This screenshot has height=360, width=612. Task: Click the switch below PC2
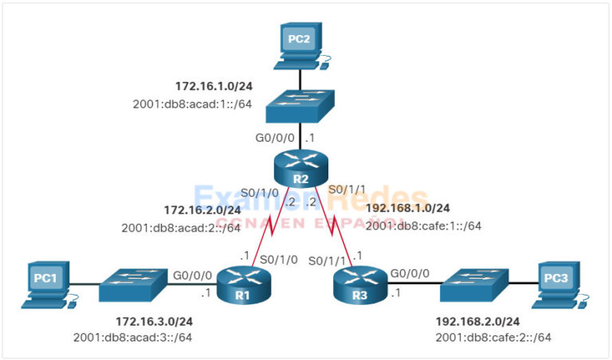tap(300, 105)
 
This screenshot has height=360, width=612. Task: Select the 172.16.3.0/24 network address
tap(155, 322)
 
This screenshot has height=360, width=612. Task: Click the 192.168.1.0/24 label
tap(408, 209)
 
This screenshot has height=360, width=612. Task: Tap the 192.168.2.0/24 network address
tap(478, 322)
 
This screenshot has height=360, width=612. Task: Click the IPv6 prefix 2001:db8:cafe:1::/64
tap(424, 225)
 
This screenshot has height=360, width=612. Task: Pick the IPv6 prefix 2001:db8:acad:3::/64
tap(132, 338)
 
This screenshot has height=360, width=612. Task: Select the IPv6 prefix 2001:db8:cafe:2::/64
tap(493, 338)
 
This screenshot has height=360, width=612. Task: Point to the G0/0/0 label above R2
tap(273, 138)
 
